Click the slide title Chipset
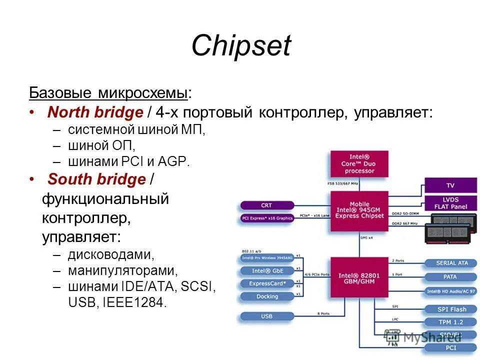point(240,46)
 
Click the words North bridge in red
point(95,112)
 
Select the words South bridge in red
point(96,179)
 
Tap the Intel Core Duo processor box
point(359,163)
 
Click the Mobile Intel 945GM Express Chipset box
point(359,210)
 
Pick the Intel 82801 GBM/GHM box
point(359,278)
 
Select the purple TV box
point(450,185)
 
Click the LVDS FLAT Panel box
point(450,203)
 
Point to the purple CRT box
point(267,205)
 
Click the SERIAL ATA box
point(452,263)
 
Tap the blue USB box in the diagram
point(267,316)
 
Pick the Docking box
point(267,296)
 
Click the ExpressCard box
point(267,283)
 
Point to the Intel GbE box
point(267,271)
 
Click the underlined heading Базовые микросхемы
point(108,93)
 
